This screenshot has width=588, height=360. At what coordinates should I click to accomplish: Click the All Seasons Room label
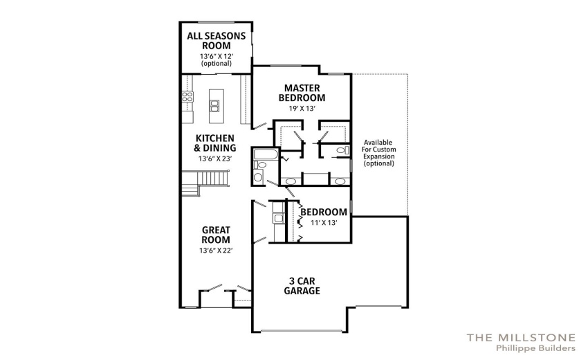click(217, 41)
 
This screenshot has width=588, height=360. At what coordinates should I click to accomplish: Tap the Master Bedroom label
click(302, 93)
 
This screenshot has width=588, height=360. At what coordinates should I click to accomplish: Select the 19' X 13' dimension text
click(302, 109)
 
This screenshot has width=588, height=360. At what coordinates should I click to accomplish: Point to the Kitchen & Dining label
click(215, 143)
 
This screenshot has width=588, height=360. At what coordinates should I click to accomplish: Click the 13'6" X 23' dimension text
click(215, 159)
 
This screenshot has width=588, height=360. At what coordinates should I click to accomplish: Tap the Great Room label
click(216, 235)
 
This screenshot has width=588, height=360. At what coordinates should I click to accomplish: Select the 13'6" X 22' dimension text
click(216, 251)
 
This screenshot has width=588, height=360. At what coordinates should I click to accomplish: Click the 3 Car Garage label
click(302, 286)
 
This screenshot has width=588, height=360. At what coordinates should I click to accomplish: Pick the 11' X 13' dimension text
click(324, 223)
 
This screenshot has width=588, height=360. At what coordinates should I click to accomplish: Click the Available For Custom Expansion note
click(379, 153)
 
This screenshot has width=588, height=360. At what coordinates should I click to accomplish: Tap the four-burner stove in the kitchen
click(187, 96)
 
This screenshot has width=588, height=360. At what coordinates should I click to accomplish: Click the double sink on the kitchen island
click(215, 106)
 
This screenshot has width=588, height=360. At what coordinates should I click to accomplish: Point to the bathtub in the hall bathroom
click(266, 154)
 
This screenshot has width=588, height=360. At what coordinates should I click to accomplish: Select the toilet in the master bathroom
click(342, 150)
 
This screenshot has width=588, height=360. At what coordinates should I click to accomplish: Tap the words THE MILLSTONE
click(521, 337)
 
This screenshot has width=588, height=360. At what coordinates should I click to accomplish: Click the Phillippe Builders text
click(535, 348)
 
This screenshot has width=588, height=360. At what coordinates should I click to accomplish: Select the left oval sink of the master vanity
click(291, 181)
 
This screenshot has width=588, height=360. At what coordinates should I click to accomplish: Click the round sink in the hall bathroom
click(258, 177)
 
